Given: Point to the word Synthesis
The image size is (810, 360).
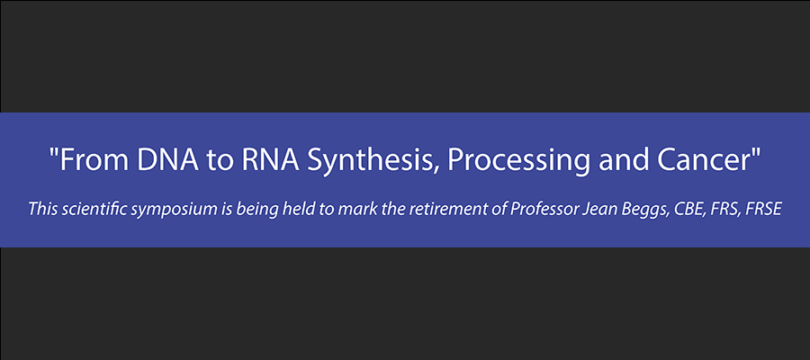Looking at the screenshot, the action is (371, 162).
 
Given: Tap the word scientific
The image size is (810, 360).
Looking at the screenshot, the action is (89, 210).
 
